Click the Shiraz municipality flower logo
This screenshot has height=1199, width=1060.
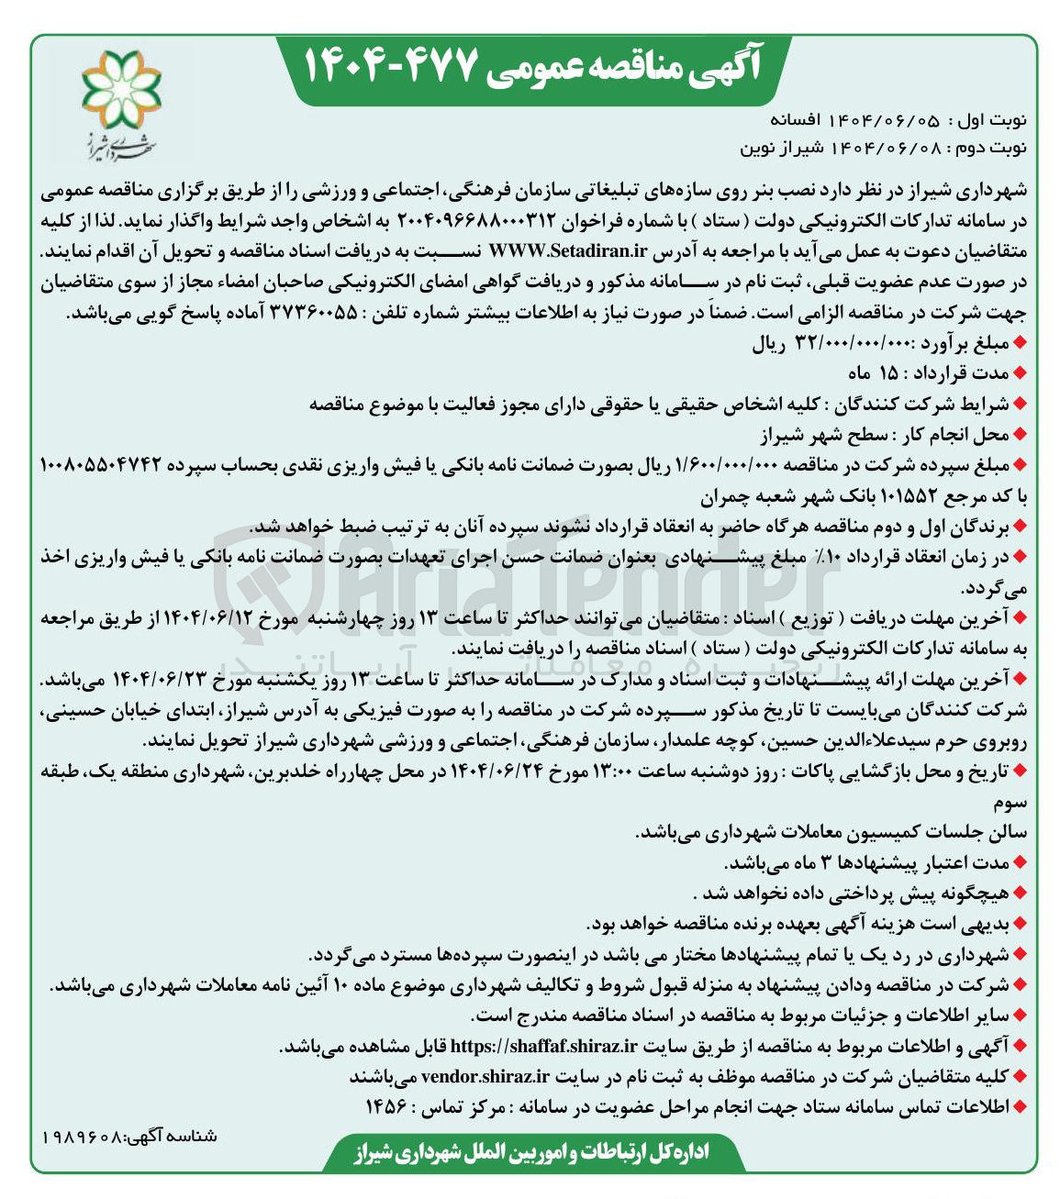click(120, 92)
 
